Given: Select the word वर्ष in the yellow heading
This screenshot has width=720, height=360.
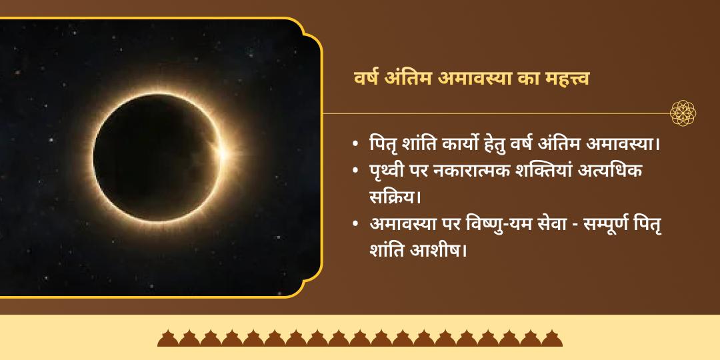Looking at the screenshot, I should (x=368, y=78).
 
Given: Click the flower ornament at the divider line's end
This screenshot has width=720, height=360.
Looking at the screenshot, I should (x=683, y=113).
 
